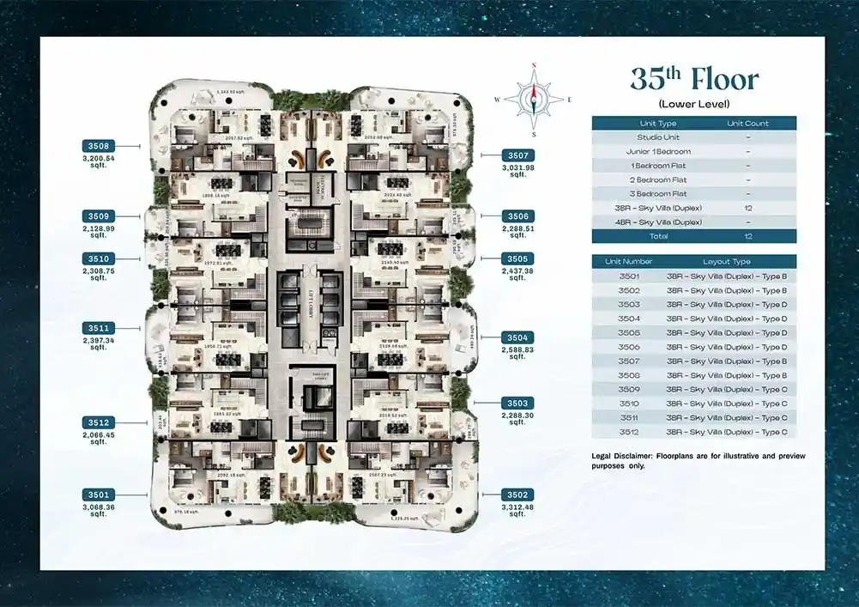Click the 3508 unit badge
click(x=99, y=146)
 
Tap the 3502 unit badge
click(x=518, y=495)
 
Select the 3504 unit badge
click(x=518, y=337)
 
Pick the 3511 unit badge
click(x=99, y=328)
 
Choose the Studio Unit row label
click(x=658, y=137)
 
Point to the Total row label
click(x=658, y=236)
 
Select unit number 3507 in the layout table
click(x=628, y=361)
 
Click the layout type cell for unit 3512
click(x=726, y=432)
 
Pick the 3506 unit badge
click(x=518, y=216)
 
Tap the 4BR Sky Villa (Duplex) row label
click(x=658, y=222)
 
